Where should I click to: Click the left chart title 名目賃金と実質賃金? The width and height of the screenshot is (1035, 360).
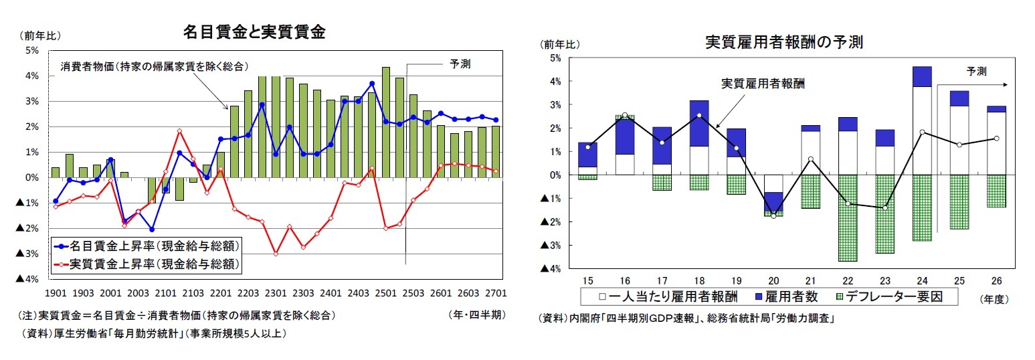click(x=254, y=32)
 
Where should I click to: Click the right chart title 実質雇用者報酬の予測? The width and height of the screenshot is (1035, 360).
click(x=783, y=42)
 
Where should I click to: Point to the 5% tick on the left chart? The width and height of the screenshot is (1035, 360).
click(x=31, y=50)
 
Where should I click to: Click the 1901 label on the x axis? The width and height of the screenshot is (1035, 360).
click(x=56, y=293)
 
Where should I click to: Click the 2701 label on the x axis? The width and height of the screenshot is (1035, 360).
click(x=495, y=293)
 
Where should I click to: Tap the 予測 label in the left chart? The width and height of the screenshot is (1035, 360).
click(x=460, y=64)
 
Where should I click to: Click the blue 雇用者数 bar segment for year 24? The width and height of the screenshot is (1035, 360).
click(x=922, y=76)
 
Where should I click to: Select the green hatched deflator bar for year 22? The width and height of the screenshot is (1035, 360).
click(x=848, y=217)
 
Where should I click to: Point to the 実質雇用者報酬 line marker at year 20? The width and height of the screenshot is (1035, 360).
click(x=774, y=216)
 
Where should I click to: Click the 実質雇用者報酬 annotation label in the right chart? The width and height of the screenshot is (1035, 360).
click(x=763, y=84)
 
